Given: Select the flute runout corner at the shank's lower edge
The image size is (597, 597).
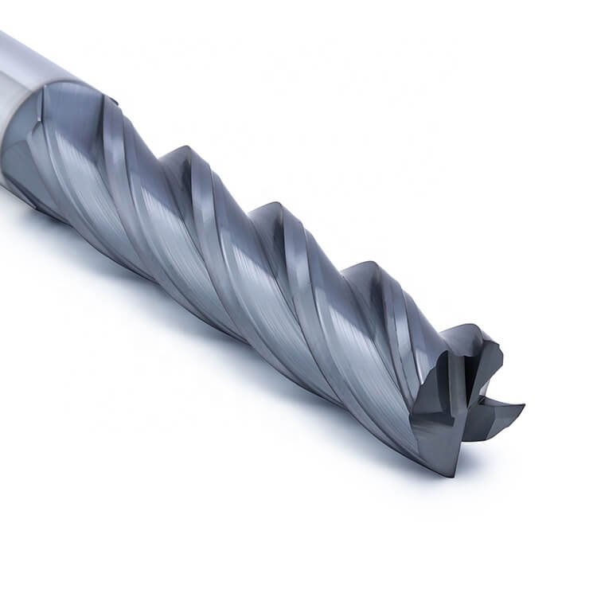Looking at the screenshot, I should click(x=40, y=203).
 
